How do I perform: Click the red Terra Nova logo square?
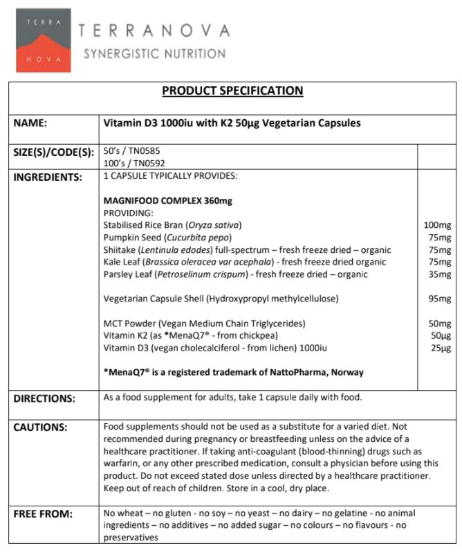[43, 40]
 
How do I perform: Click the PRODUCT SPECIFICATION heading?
[232, 90]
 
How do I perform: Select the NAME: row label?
[30, 123]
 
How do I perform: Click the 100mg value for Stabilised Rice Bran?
[437, 225]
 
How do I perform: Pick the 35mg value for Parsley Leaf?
[439, 274]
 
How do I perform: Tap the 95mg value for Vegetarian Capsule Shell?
[439, 299]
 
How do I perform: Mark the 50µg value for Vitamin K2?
[440, 335]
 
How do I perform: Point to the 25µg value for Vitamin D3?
[440, 348]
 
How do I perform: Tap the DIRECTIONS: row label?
[44, 398]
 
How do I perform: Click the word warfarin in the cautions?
[122, 463]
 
